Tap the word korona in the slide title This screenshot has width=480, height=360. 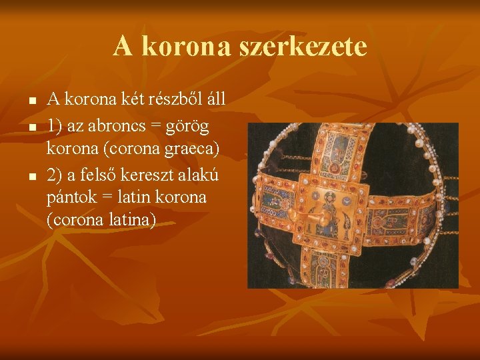pos(175,47)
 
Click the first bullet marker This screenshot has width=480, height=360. pos(31,101)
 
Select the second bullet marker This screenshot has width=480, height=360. pos(31,125)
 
